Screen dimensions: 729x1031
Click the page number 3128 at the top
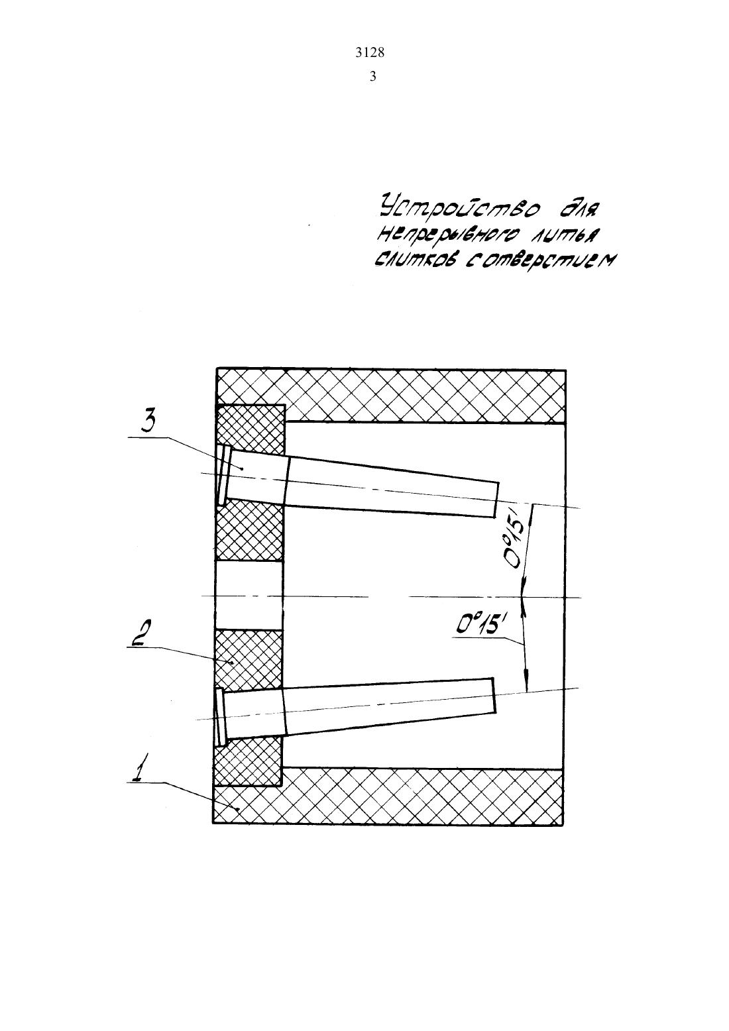(370, 53)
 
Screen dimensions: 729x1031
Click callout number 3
(148, 421)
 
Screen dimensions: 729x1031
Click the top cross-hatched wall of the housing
(391, 395)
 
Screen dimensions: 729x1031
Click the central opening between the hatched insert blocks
(249, 596)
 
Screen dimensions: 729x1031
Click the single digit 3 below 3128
(372, 76)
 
